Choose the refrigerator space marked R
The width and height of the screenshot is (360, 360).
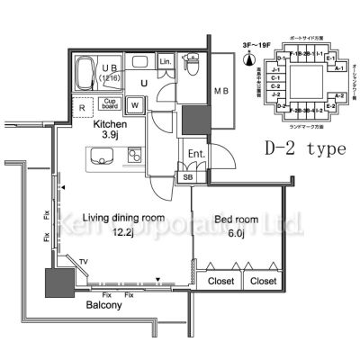click(x=83, y=107)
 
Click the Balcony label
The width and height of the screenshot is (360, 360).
click(x=105, y=304)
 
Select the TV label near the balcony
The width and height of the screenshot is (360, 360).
click(x=84, y=262)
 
